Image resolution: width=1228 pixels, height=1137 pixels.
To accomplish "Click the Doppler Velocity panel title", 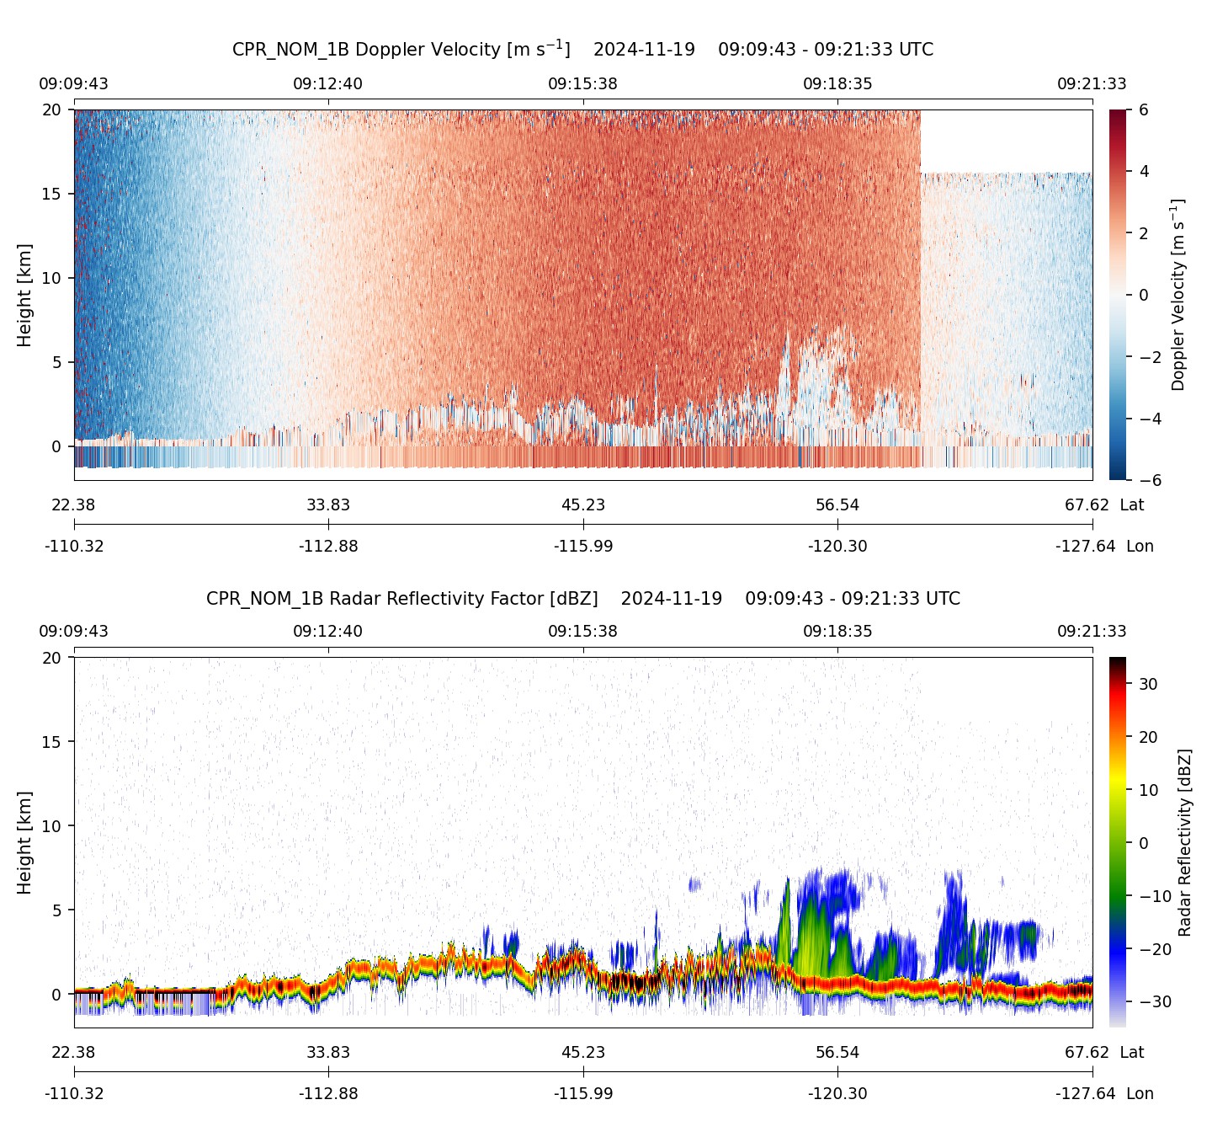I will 582,49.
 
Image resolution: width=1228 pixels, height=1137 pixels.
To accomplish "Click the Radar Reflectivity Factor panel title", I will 582,599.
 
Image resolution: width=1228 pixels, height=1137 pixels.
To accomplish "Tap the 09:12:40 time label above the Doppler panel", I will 327,83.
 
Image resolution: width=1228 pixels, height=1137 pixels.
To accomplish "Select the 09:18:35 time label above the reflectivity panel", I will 837,631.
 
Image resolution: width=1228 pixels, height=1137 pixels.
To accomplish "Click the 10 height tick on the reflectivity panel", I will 52,826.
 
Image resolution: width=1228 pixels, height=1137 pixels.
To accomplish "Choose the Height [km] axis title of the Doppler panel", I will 24,295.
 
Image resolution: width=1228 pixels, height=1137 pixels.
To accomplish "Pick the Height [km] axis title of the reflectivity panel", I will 24,842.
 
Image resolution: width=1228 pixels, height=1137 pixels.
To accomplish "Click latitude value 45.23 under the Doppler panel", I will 582,505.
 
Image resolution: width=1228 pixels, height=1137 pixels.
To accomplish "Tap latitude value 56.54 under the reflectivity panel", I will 837,1053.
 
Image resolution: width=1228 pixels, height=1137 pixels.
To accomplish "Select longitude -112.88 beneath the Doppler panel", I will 328,547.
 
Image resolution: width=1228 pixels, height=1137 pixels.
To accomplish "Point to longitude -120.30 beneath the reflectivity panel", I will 837,1094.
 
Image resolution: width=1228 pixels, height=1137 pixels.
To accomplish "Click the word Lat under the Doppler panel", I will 1131,505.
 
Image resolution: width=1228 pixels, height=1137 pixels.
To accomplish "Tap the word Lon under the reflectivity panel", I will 1140,1094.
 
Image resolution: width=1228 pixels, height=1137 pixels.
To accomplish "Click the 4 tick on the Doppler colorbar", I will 1144,171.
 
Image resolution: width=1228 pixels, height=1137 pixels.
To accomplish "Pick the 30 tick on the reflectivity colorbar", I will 1148,684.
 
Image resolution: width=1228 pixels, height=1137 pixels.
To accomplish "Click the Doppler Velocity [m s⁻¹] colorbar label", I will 1178,295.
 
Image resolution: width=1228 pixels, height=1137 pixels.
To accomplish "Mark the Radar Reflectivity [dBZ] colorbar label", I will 1185,842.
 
